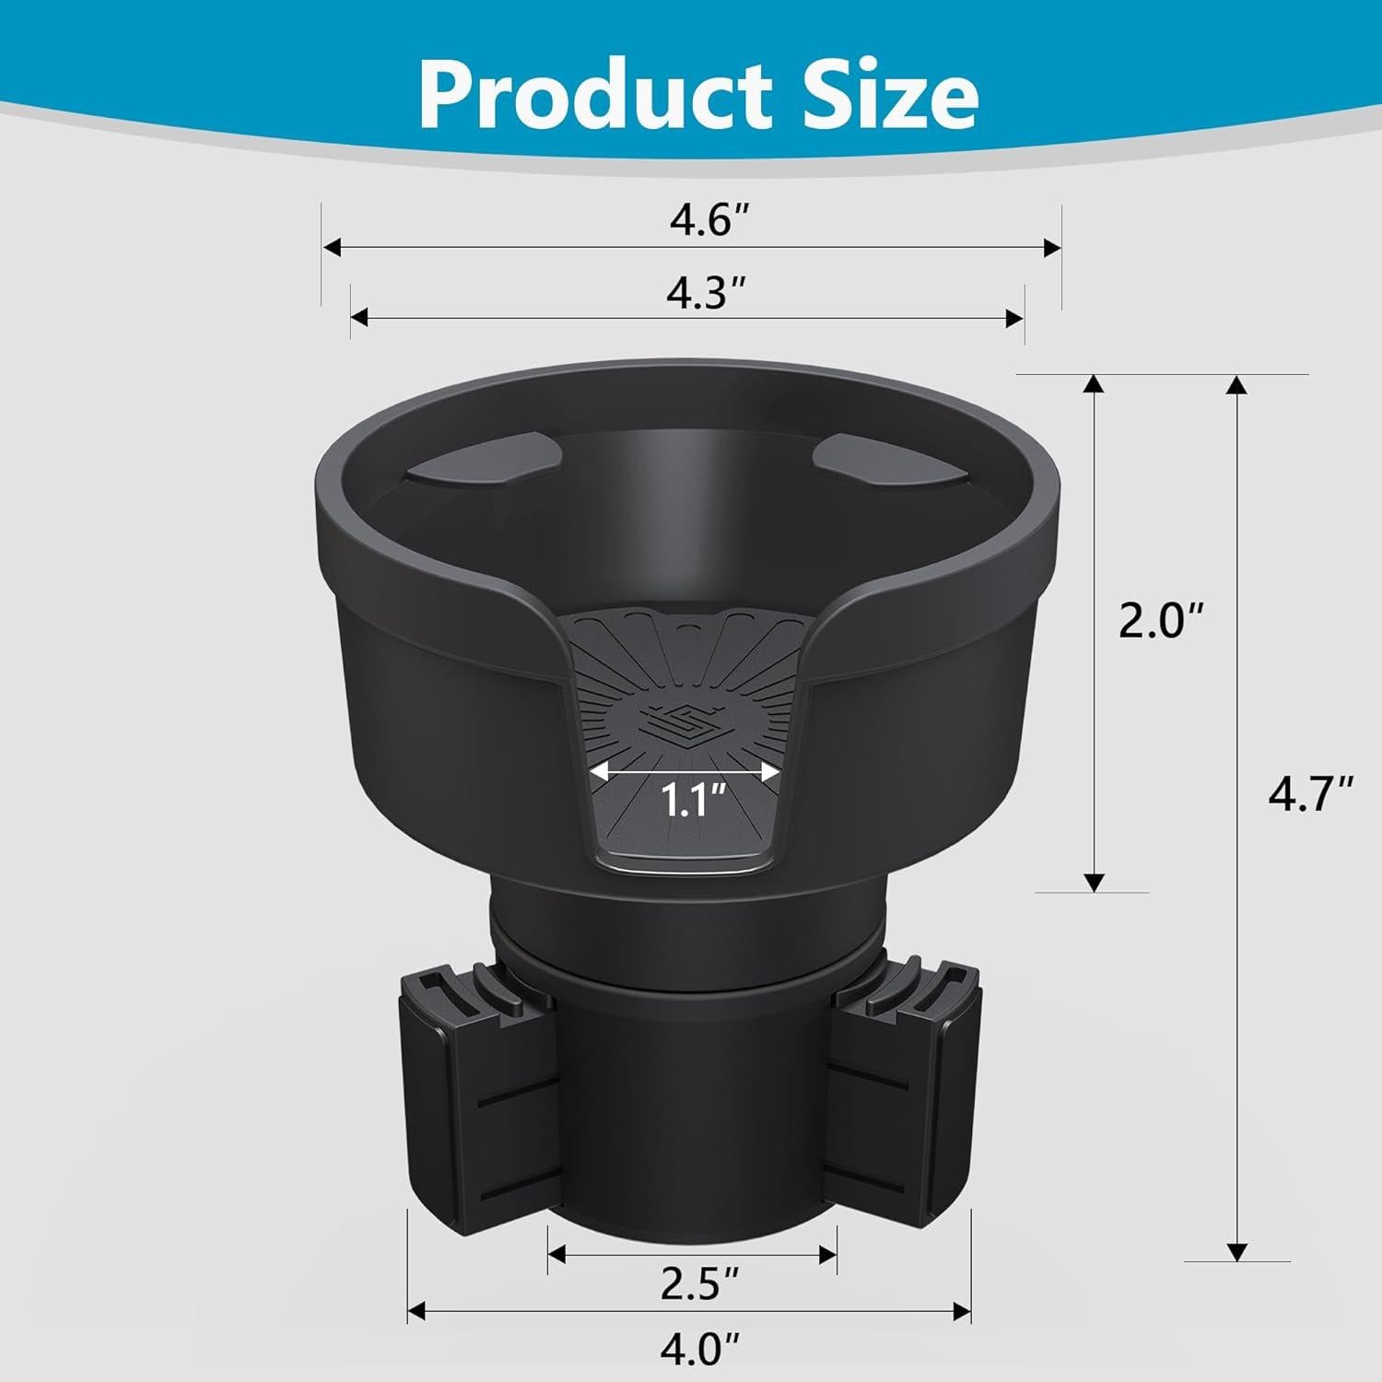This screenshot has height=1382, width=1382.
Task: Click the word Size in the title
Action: point(881,96)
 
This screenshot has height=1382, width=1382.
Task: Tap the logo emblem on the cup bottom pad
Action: point(682,720)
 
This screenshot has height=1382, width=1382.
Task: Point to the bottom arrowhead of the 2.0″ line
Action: point(1094,881)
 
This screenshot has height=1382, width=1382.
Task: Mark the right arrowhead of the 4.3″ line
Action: point(1015,318)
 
